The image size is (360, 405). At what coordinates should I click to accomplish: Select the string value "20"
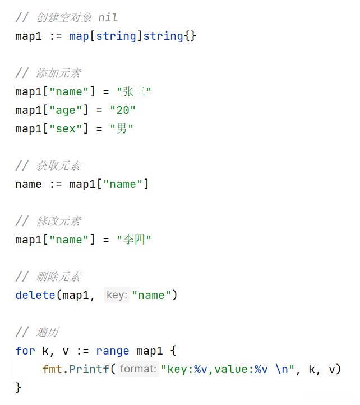(123, 111)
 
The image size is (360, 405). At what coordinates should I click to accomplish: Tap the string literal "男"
(122, 129)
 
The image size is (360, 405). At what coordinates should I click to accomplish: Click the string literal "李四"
(134, 240)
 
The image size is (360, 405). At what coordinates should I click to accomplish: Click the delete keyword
(35, 295)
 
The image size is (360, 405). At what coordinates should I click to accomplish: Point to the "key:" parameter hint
(117, 295)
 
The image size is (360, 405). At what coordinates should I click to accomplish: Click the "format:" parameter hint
(137, 369)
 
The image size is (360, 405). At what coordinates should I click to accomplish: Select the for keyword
(25, 351)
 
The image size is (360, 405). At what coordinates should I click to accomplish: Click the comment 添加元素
(58, 73)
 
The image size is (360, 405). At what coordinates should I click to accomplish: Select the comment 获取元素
(58, 166)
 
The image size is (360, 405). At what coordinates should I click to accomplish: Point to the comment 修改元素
(58, 221)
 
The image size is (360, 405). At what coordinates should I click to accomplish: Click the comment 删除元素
(58, 277)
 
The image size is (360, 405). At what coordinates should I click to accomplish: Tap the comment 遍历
(48, 332)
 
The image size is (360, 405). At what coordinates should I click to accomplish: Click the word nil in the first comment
(108, 18)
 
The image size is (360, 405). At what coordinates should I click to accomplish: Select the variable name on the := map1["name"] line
(29, 185)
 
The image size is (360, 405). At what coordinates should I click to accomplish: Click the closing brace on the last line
(19, 387)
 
